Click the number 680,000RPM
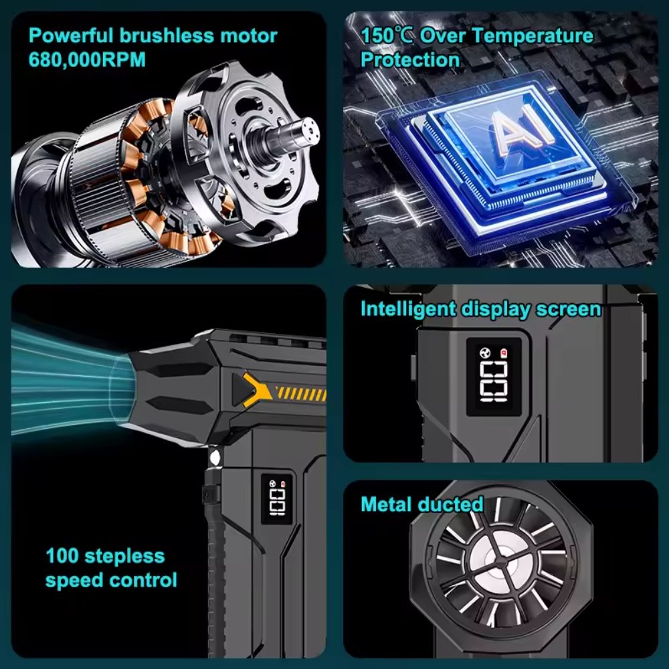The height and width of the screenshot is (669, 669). coord(87,59)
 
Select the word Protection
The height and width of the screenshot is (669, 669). coord(410,59)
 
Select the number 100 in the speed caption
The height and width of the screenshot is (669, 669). coord(62,556)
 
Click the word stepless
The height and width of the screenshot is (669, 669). coord(124,556)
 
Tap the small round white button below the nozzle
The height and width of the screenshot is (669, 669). coord(215,458)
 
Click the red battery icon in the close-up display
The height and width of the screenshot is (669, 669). coord(504,352)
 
